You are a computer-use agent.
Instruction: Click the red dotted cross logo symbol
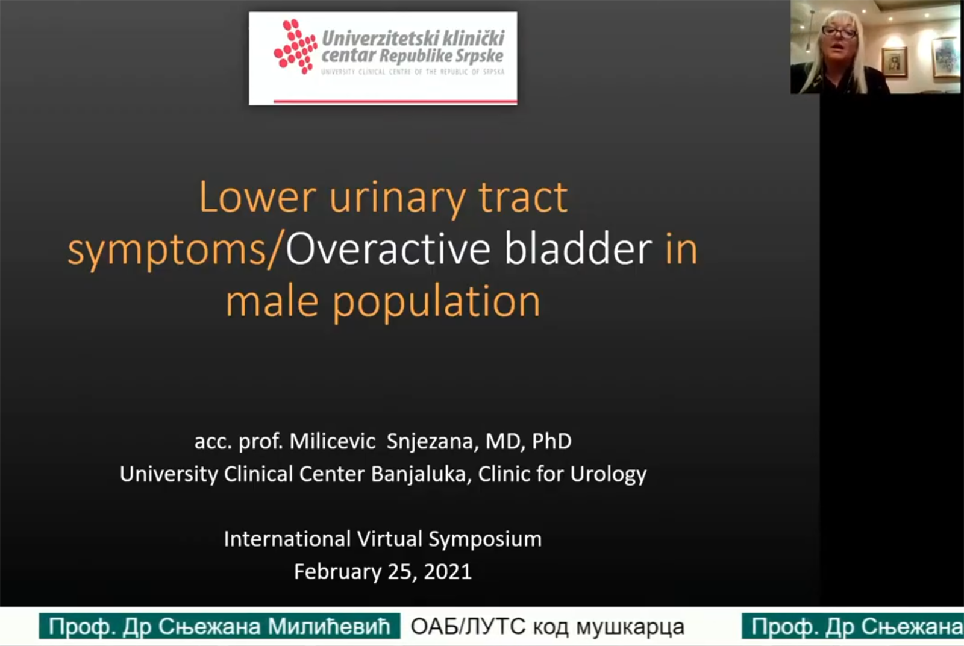[x=295, y=46]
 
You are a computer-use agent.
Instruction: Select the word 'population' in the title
[x=436, y=303]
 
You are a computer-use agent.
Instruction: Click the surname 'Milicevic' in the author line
[x=332, y=441]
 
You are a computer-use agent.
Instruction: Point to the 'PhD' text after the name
[x=552, y=441]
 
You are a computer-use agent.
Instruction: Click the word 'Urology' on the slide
[x=609, y=475]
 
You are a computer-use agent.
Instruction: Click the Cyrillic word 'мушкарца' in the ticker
[x=630, y=627]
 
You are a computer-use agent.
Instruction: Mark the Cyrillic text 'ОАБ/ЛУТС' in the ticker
[x=468, y=626]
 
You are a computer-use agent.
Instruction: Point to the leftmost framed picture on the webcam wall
[x=894, y=61]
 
